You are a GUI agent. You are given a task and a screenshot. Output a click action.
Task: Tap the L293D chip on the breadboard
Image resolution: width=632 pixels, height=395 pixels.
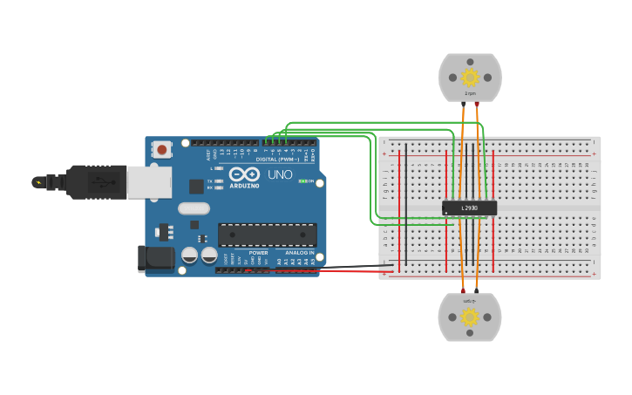coord(469,208)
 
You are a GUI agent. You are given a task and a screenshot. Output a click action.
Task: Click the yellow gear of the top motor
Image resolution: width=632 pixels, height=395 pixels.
coord(470,77)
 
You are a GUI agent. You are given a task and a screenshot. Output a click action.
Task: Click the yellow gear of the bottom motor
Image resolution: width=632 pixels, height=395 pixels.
coord(469,316)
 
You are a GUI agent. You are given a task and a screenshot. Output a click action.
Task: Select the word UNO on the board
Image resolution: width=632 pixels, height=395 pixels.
coord(280,174)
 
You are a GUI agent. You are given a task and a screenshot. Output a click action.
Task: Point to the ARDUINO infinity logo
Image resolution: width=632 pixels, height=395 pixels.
coord(244,174)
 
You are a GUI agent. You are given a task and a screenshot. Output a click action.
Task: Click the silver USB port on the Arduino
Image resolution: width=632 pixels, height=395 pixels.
coord(149,182)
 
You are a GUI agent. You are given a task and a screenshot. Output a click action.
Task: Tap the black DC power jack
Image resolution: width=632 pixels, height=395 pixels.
coord(156,256)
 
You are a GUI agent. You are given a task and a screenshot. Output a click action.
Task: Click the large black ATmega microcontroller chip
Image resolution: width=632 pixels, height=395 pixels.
coord(267,235)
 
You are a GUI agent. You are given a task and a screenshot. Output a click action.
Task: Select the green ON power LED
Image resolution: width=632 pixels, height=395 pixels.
coord(302,181)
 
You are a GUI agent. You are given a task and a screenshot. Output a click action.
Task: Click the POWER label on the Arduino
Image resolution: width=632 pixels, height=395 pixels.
coord(258,253)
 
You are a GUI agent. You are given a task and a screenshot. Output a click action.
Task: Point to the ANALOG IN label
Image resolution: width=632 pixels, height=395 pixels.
coord(299,253)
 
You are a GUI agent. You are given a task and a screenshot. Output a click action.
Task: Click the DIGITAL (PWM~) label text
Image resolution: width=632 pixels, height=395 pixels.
coord(277,160)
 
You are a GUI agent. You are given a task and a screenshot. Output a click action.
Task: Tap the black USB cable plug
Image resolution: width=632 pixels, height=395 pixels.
coord(96,182)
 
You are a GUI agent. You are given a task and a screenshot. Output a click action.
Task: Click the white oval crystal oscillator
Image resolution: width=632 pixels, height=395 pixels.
coord(194,208)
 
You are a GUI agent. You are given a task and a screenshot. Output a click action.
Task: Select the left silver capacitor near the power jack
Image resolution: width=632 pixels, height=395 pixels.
coord(189,255)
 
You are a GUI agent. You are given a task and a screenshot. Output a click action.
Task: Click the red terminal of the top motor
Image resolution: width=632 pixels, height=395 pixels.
coord(463,105)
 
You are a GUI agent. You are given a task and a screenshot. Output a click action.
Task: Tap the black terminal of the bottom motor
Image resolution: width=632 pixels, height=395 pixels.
coord(476,289)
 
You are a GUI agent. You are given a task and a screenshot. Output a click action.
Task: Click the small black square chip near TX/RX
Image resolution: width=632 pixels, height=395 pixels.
coord(197,186)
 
